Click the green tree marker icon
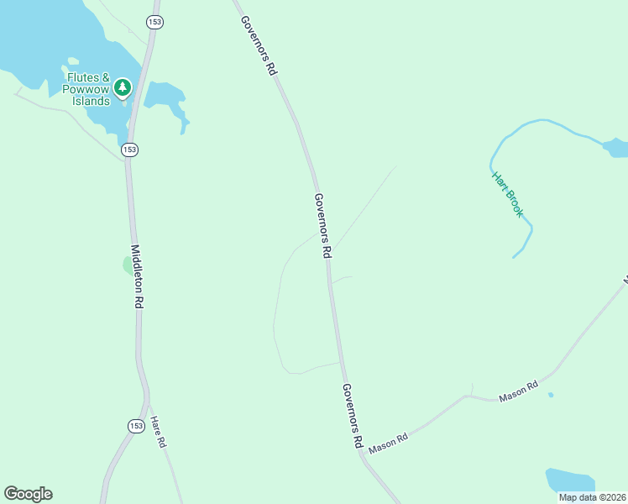click(x=123, y=87)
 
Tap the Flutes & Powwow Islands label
click(x=89, y=90)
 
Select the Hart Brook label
click(x=507, y=194)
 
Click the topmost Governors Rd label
click(x=258, y=47)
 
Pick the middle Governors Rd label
click(x=324, y=226)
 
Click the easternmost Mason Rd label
click(x=518, y=391)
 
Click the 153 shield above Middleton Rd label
click(x=128, y=150)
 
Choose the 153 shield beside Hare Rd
click(x=136, y=426)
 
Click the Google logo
click(x=28, y=494)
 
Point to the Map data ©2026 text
click(x=592, y=497)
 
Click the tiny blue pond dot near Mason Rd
click(x=550, y=395)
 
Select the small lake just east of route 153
click(x=165, y=97)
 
